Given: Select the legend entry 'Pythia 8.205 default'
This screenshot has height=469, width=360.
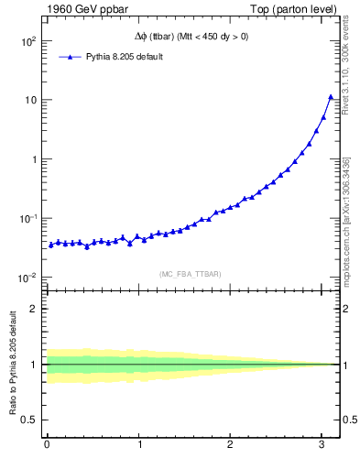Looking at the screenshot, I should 125,57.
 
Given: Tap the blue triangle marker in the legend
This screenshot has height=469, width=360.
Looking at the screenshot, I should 71,57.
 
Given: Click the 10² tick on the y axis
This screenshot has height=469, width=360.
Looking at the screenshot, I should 27,41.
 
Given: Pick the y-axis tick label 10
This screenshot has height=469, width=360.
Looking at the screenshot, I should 30,100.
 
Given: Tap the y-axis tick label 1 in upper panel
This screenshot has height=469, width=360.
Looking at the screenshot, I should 34,159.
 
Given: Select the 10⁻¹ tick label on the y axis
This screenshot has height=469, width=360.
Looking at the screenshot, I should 27,218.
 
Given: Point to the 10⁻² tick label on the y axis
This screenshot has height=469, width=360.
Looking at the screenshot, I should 27,277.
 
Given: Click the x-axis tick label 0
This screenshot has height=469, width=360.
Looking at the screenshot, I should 47,446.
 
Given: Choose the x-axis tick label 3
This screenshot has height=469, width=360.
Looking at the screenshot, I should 322,446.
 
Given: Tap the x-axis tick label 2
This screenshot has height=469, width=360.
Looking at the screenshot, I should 231,446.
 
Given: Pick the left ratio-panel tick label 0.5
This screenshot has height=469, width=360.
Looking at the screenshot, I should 31,420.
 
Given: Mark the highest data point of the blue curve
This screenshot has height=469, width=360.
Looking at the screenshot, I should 331,97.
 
